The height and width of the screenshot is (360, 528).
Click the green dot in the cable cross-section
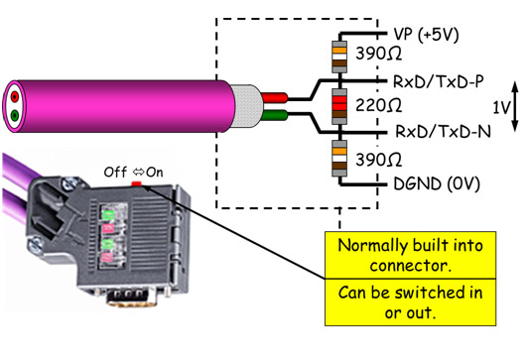[15, 116]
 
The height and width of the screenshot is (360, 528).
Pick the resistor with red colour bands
[337, 104]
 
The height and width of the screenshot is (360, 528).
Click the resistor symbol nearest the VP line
[337, 52]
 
